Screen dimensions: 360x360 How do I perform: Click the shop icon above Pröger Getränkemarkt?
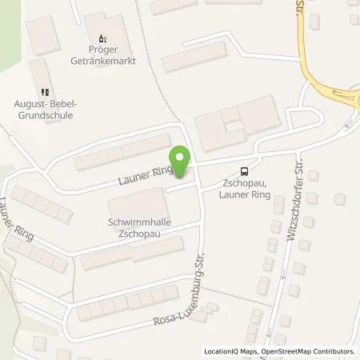pos(102,38)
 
